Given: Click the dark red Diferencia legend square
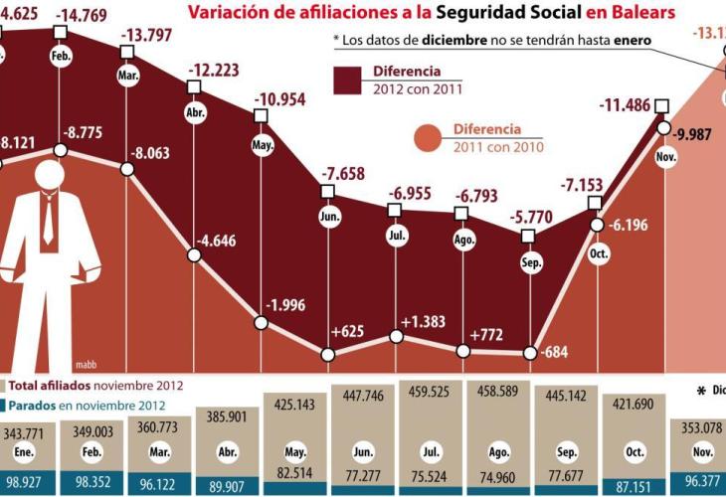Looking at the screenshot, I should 348,81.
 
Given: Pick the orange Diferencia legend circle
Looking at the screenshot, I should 431,138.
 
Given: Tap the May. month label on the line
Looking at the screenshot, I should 262,145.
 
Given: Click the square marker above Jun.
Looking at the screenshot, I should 327,190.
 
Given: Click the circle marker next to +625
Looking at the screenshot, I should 327,353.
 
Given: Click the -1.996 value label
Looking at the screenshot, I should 290,304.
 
